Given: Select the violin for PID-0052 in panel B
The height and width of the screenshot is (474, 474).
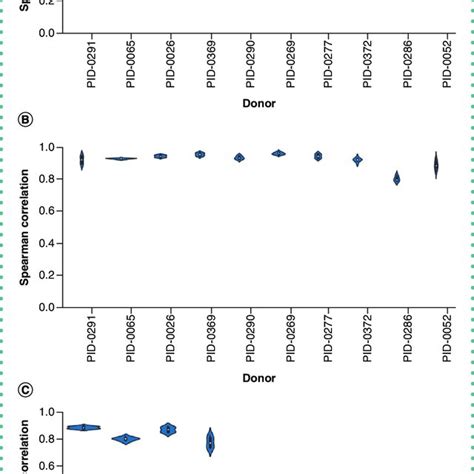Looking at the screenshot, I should click(x=435, y=165).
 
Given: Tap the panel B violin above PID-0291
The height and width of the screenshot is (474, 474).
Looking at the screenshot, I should click(x=82, y=159).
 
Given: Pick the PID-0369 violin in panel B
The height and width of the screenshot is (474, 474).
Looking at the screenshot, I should click(x=200, y=154).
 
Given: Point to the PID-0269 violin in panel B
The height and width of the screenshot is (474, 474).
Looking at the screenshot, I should click(x=278, y=153).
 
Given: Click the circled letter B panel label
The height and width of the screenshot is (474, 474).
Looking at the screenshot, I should click(x=26, y=121).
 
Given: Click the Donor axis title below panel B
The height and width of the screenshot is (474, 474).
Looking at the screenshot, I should click(x=259, y=377).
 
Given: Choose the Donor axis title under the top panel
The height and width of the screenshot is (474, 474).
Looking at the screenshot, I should click(x=259, y=102).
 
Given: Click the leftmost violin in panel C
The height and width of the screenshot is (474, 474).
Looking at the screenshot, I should click(x=84, y=427).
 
